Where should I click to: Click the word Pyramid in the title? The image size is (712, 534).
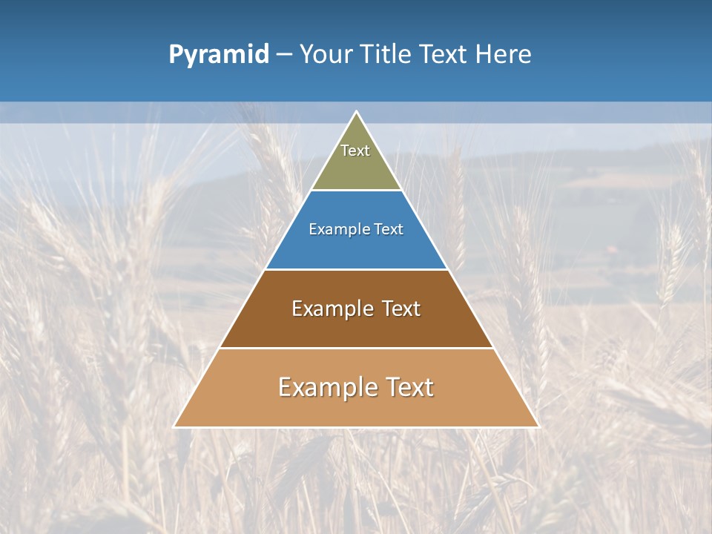coord(219,55)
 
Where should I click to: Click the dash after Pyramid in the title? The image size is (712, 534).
coord(284,55)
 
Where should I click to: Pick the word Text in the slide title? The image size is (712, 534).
coord(444,55)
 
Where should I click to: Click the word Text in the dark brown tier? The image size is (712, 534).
coord(401,309)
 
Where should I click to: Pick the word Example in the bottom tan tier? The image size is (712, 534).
coord(320,387)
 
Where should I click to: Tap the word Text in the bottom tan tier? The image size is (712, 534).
coord(410,387)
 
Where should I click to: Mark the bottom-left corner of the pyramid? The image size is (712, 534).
coord(174,426)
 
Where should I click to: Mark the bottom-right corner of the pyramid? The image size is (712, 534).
coord(538,426)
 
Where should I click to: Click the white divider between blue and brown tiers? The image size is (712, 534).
coord(356,269)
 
